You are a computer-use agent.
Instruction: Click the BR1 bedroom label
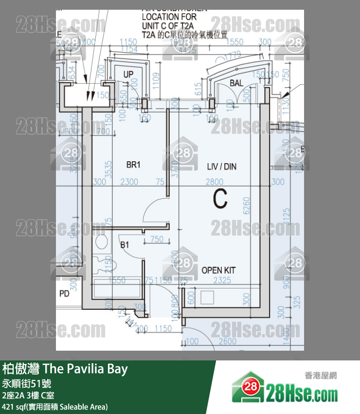pos(133,165)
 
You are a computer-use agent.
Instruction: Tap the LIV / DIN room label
pos(221,167)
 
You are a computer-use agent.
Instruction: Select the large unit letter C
pos(220,198)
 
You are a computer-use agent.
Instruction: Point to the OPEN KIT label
pos(218,270)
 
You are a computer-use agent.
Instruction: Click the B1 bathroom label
pos(125,245)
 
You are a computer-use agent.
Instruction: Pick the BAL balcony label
pos(236,83)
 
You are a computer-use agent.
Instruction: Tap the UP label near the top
pos(128,75)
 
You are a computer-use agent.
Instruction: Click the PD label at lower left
pos(64,294)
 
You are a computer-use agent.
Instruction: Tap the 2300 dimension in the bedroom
pos(129,182)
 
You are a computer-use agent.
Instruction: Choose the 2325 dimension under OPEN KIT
pos(222,281)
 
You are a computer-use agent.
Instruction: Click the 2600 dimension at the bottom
pos(227,341)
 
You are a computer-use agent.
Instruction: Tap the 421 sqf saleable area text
pos(54,407)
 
